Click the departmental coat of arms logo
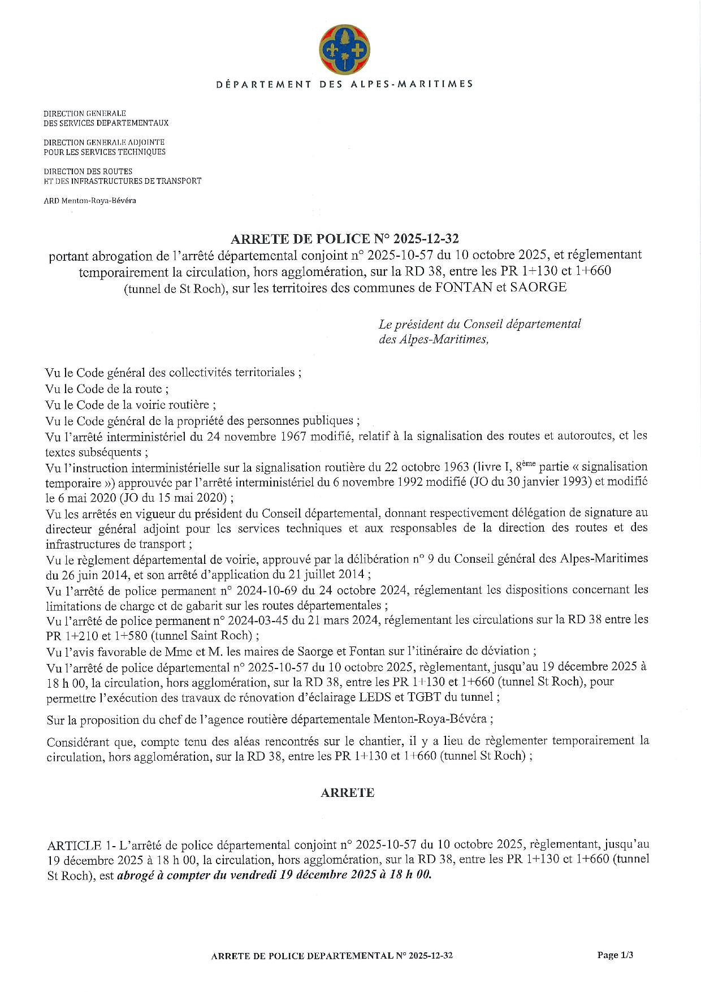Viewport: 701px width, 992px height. pos(344,49)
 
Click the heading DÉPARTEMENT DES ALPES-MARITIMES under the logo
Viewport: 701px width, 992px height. pos(344,84)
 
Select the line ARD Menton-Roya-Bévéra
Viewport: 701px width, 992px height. pos(90,200)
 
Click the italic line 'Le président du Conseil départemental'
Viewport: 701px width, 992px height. pos(480,324)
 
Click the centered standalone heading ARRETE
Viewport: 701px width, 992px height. pos(347,793)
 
